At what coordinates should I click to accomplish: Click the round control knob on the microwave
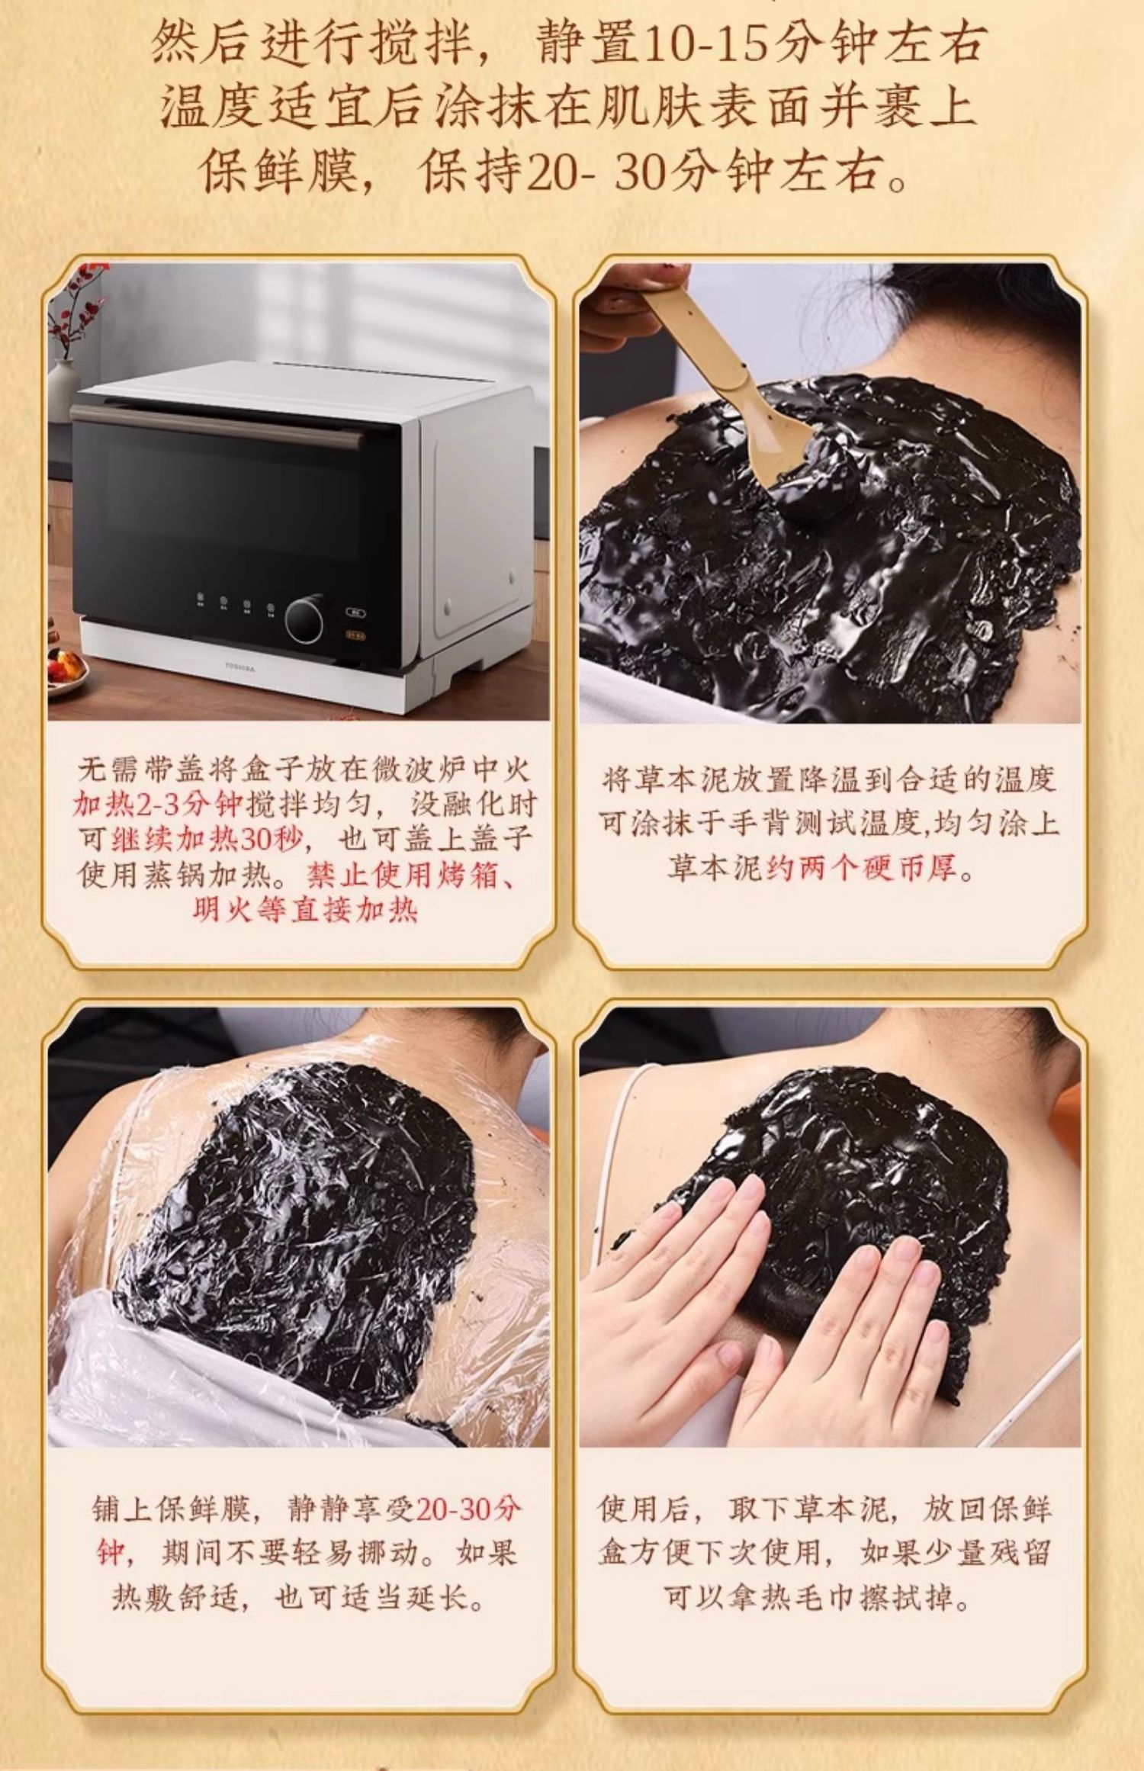304,619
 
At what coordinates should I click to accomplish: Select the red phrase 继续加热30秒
208,840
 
